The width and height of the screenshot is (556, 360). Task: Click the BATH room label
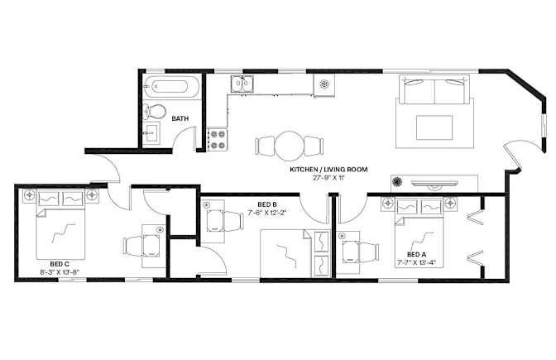click(180, 118)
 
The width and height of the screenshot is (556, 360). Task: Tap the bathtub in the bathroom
click(170, 87)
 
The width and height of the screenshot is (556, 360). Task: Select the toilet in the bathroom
click(155, 112)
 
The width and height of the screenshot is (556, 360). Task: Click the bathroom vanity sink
click(151, 132)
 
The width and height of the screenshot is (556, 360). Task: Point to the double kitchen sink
click(242, 84)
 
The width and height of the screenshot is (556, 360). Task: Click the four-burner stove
click(218, 139)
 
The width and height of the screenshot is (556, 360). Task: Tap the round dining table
click(290, 146)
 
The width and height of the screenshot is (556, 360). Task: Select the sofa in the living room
click(434, 89)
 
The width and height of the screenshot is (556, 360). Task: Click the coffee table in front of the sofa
click(434, 127)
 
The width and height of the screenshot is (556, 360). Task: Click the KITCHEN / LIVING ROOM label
click(328, 170)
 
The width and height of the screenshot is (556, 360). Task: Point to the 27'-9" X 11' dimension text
click(328, 178)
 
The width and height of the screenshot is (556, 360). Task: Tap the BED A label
click(417, 254)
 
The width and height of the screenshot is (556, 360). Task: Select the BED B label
click(267, 204)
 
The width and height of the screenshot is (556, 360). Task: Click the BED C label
click(60, 264)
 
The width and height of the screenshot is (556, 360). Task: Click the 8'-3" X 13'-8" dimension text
click(60, 272)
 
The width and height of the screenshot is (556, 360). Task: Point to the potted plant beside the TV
click(397, 181)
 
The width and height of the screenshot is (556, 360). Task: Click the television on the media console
click(434, 184)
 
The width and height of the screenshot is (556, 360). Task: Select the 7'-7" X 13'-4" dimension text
click(417, 263)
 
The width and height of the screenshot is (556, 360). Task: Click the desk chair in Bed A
click(369, 253)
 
